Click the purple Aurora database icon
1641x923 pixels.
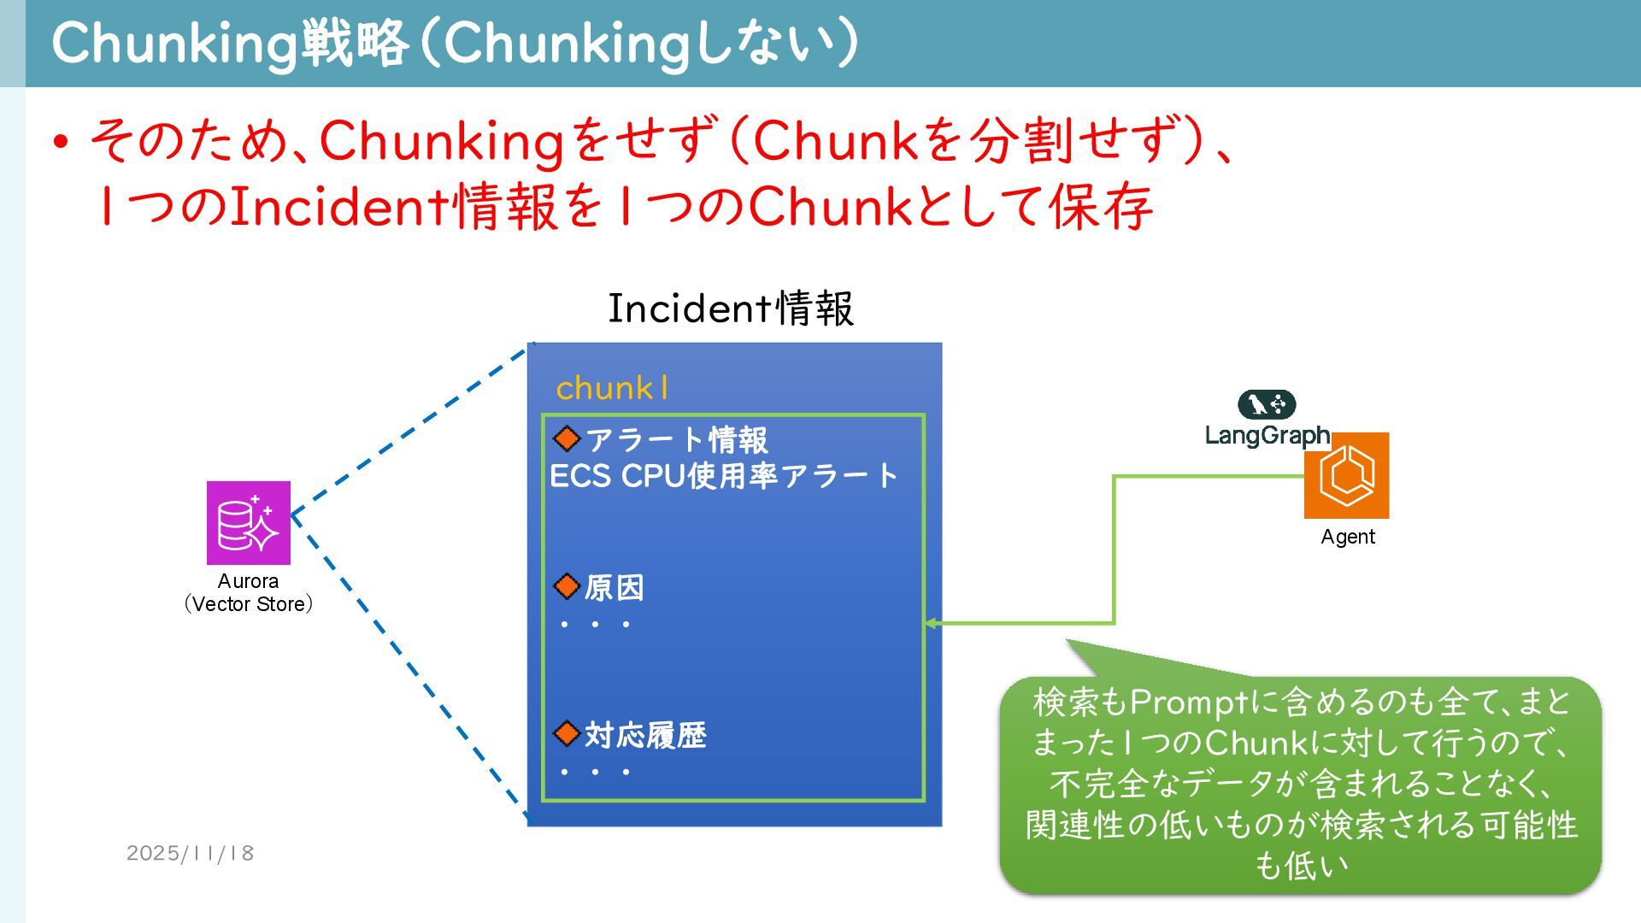(x=249, y=522)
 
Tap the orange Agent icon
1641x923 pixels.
(x=1346, y=475)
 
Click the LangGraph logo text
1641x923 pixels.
(x=1267, y=435)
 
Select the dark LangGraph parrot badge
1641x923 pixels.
(x=1267, y=404)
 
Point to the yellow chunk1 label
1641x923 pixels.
(x=612, y=388)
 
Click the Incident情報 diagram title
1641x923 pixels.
(x=730, y=308)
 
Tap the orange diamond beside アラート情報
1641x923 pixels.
(x=567, y=438)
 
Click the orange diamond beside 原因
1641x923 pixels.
(x=567, y=586)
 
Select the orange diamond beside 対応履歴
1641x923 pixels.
(x=567, y=733)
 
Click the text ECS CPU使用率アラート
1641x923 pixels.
(x=723, y=476)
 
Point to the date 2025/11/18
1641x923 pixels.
(x=190, y=853)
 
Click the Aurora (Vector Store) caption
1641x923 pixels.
(x=249, y=592)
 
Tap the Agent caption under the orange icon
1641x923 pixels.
(x=1348, y=537)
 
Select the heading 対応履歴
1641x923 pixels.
(x=645, y=735)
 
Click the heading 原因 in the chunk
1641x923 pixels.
(x=614, y=587)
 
